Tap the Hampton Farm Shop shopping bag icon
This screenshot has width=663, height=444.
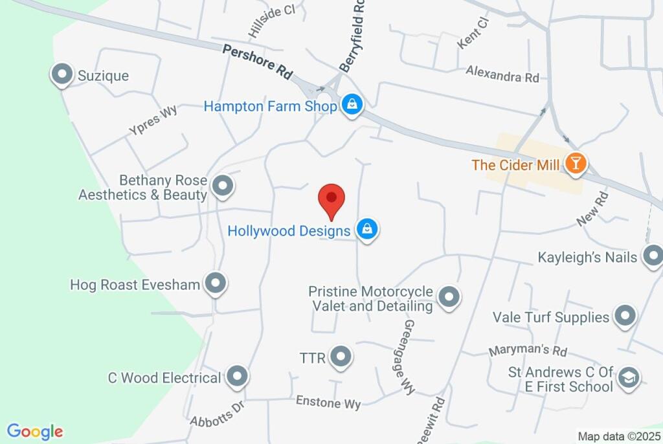coord(352,104)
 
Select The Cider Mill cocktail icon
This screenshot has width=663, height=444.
coord(575,163)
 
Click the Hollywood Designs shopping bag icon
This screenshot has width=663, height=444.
coord(367,228)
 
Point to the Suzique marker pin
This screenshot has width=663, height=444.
coord(62,74)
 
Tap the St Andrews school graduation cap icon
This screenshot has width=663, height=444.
coord(627,378)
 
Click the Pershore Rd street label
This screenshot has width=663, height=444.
coord(257,61)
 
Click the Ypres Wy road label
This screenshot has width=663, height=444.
coord(153,120)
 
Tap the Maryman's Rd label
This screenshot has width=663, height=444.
coord(528,351)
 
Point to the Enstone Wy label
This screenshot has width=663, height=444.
coord(328,403)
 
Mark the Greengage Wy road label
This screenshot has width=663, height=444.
coord(409,357)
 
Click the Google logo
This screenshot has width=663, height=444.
coord(35,432)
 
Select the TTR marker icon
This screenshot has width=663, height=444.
coord(341,356)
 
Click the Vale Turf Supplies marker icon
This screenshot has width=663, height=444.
coord(625,316)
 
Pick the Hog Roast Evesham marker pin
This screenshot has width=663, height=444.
coord(215,282)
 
